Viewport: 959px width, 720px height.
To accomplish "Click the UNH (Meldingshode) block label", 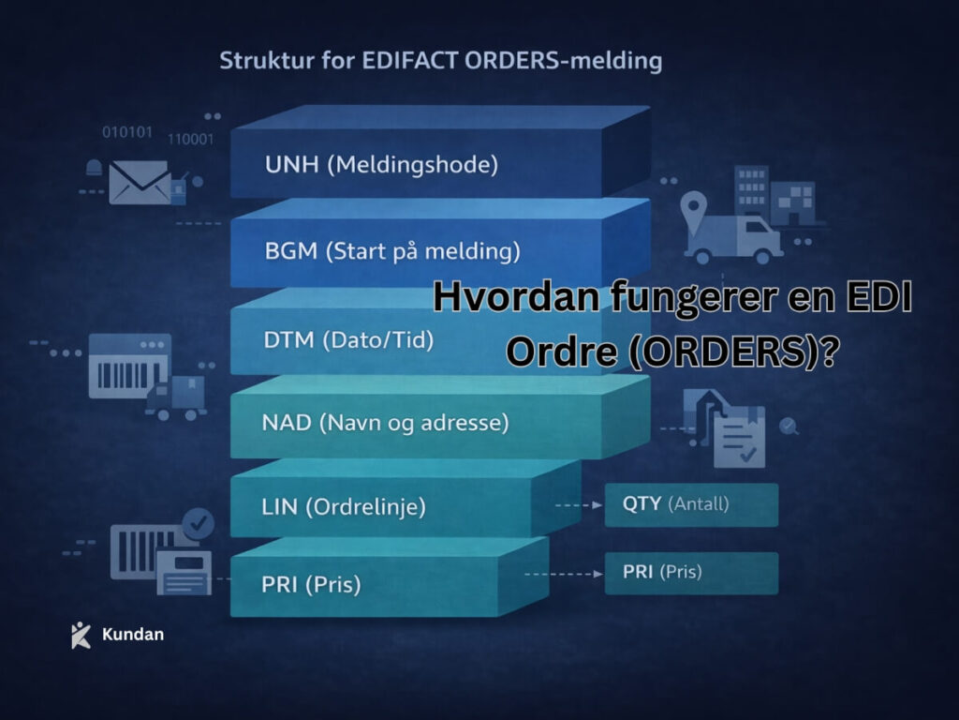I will coord(381,166).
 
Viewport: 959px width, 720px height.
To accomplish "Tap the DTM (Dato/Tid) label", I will coord(348,340).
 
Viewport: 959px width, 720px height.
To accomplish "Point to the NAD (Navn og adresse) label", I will coord(385,423).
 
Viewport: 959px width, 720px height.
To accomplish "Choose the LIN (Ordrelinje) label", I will coord(344,507).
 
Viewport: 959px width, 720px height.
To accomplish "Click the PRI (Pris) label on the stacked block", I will coord(311,584).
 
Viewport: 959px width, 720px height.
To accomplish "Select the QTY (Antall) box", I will coord(691,504).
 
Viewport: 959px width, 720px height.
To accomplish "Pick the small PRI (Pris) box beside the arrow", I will coord(691,572).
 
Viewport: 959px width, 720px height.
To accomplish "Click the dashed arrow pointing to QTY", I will coord(578,504).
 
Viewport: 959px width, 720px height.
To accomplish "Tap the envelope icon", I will coord(140,181).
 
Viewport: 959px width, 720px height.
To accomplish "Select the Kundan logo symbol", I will coord(81,635).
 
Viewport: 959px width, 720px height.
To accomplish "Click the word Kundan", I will coord(132,635).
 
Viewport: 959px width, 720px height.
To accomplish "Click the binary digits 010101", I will coord(126,132).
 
